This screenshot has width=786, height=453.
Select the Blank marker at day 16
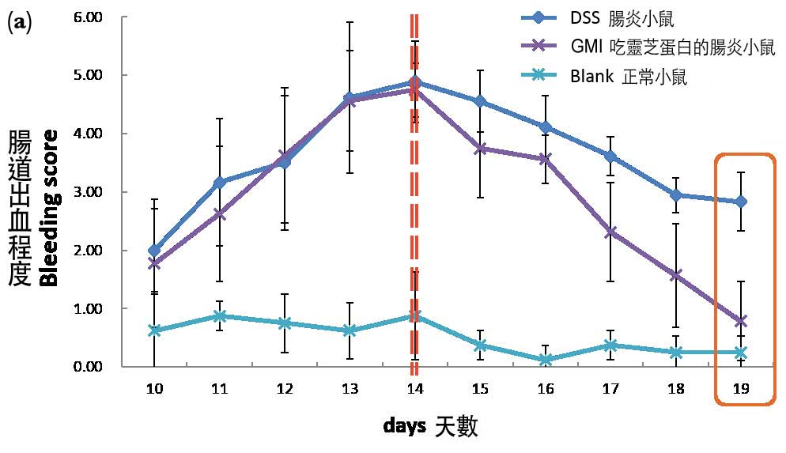[x=544, y=360]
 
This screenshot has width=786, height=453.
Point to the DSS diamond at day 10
[x=155, y=250]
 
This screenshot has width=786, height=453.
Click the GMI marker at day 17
[x=609, y=232]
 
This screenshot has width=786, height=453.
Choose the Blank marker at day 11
[x=220, y=315]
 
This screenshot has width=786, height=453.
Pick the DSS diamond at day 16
[x=544, y=127]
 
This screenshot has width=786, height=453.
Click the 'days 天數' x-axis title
[x=430, y=427]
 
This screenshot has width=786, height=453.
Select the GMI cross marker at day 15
[x=479, y=148]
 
